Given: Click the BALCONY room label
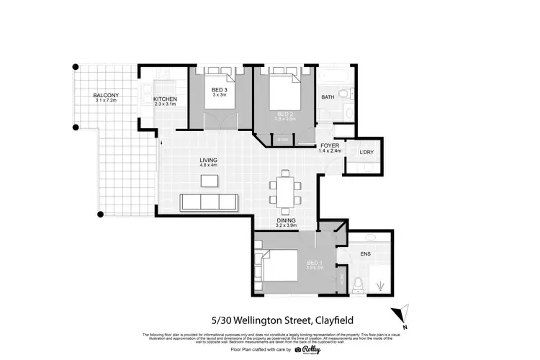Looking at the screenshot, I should pos(106,95).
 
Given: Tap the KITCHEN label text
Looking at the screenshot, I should pos(165,99).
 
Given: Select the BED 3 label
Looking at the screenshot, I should pos(220,89).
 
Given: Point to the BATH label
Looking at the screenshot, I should pos(328,97).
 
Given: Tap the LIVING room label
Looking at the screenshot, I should pos(209,160).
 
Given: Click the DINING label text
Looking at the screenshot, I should pos(286,220).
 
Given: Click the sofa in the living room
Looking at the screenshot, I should pos(210,201).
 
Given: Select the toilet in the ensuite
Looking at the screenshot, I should pos(358,282).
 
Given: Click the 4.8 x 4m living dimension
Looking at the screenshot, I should pos(209,166).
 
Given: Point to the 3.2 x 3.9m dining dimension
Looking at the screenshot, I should pos(286,226).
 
